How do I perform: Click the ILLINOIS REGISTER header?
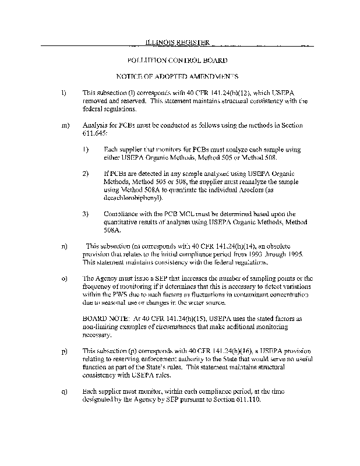(x=177, y=42)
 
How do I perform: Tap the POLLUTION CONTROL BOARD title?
(x=177, y=60)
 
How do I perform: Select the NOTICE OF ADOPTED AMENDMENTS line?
(x=177, y=76)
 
